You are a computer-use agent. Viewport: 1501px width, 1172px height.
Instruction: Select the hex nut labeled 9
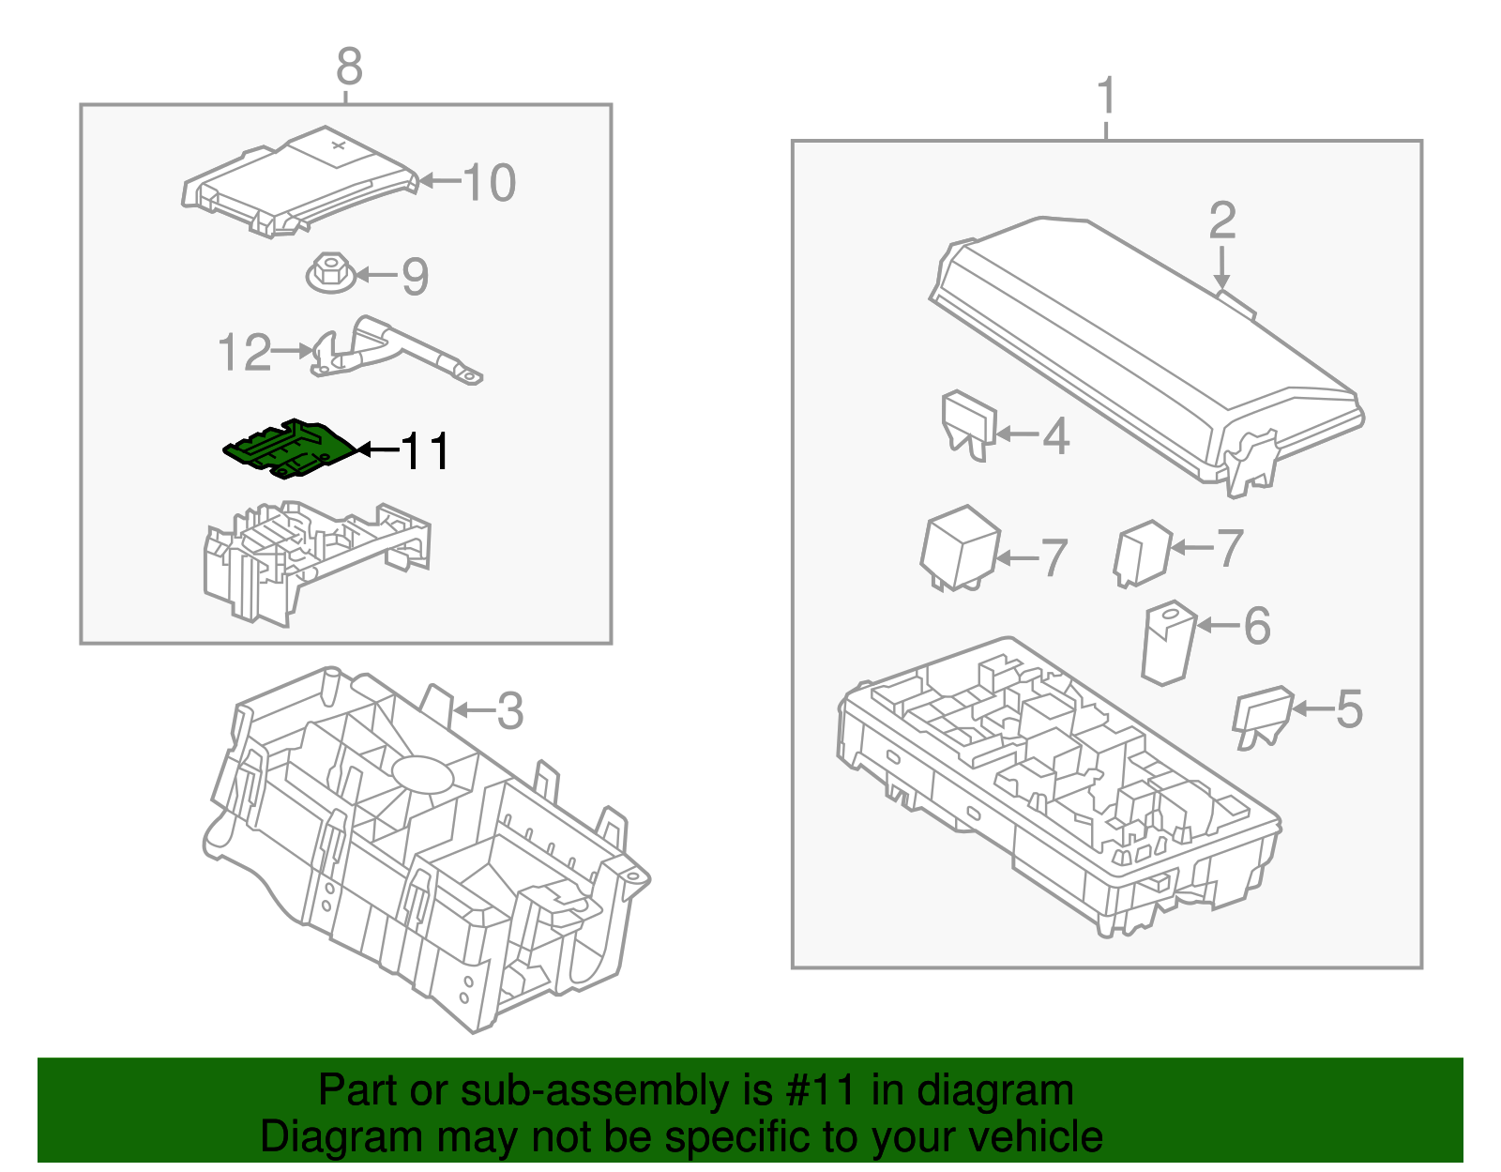(x=330, y=274)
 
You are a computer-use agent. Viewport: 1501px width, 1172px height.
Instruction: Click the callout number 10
(x=489, y=182)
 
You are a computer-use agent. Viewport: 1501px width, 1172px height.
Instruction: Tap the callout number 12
(x=244, y=353)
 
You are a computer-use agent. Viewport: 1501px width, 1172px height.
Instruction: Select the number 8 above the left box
(x=348, y=68)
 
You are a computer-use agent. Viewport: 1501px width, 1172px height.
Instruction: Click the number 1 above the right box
(x=1107, y=97)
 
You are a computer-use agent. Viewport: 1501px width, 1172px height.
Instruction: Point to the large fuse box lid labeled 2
(x=1145, y=347)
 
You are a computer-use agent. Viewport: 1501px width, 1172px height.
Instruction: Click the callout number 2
(x=1221, y=221)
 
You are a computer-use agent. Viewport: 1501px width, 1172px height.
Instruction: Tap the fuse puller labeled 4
(x=968, y=424)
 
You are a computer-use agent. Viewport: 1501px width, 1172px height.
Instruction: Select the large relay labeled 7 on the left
(x=960, y=548)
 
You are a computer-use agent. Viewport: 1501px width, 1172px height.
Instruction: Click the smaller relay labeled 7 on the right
(x=1143, y=553)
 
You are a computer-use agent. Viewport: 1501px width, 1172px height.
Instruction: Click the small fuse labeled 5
(x=1262, y=716)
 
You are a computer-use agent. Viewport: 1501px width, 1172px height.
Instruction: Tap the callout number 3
(x=509, y=711)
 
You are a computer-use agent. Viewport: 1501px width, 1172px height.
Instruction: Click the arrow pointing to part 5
(x=1311, y=709)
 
